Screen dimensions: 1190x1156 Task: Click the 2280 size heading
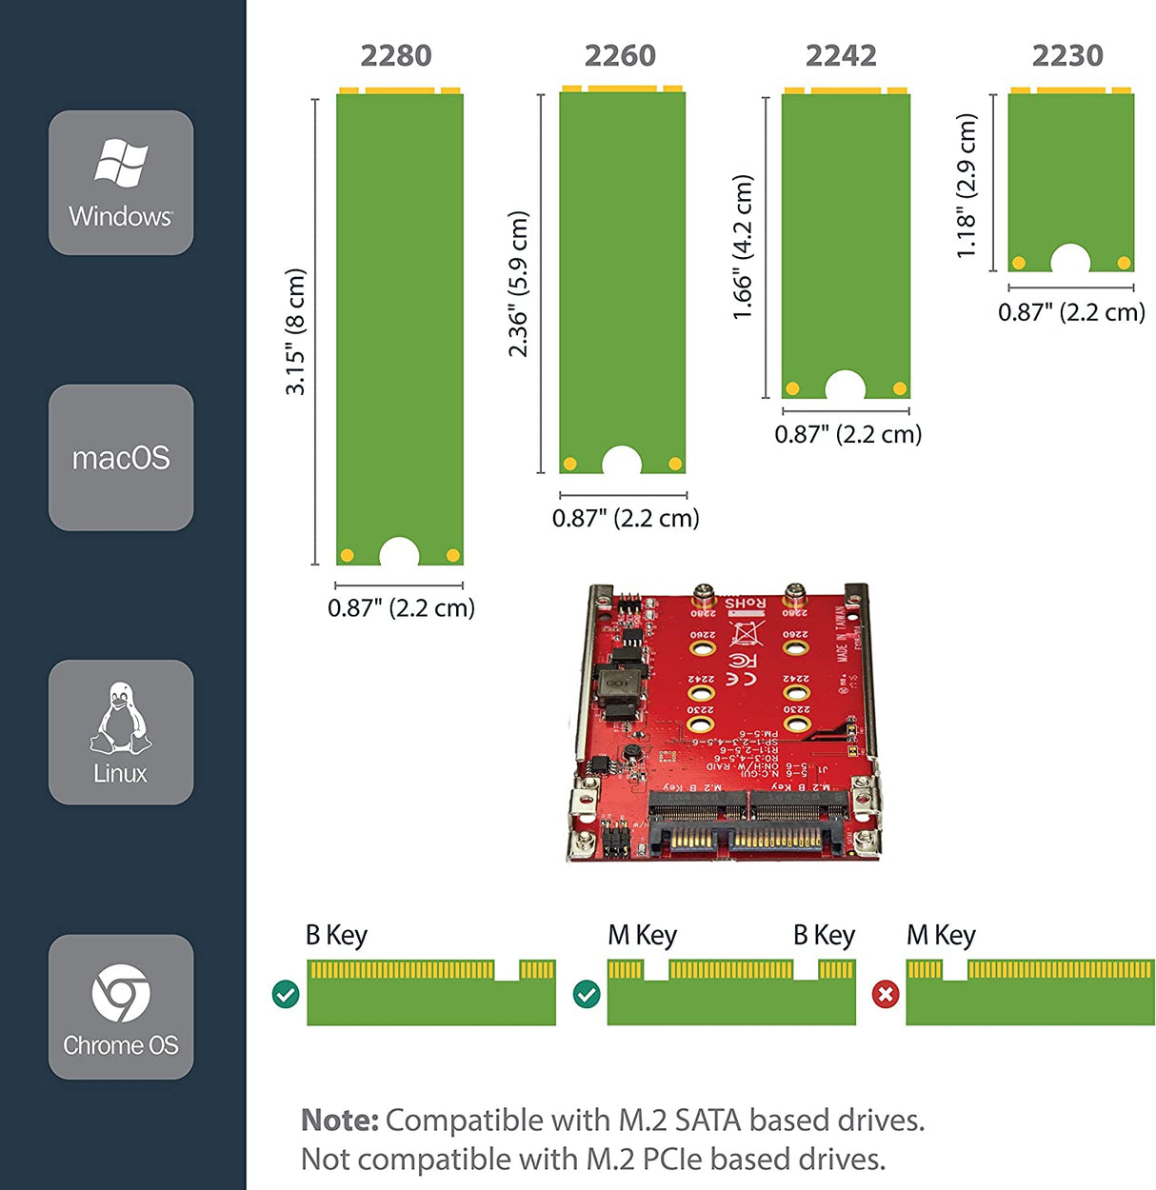click(396, 56)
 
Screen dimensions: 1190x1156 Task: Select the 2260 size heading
click(620, 56)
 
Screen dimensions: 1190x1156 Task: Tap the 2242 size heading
click(841, 56)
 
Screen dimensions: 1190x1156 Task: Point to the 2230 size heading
click(1067, 56)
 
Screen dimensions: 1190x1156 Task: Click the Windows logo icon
click(121, 163)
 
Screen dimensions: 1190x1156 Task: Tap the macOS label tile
click(121, 458)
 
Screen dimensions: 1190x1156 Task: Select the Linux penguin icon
click(120, 719)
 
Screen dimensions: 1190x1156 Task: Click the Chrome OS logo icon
click(120, 993)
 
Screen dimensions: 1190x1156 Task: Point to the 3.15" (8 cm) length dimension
click(296, 331)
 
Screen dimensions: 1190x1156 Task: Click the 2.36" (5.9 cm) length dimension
click(518, 284)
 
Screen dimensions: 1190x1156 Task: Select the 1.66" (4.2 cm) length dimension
click(743, 247)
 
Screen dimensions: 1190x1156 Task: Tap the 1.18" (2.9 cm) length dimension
click(967, 186)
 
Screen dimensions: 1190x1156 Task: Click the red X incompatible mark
click(886, 995)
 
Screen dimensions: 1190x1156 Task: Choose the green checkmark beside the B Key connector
click(286, 995)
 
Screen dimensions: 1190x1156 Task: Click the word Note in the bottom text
click(339, 1121)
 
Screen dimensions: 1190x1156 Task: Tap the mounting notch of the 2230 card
click(1070, 260)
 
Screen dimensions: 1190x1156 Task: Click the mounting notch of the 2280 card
click(399, 553)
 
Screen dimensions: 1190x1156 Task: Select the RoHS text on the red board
click(745, 603)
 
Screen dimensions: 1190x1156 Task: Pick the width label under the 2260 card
click(626, 519)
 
